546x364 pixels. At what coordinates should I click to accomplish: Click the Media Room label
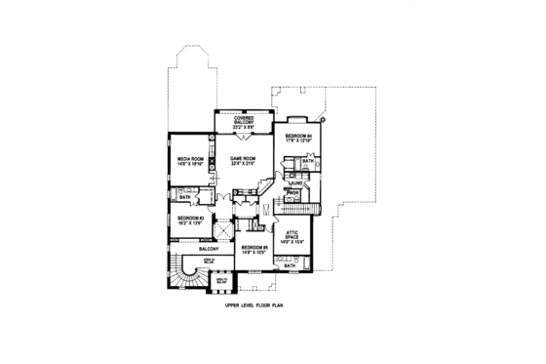point(189,158)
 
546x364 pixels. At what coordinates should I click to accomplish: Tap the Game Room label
point(242,158)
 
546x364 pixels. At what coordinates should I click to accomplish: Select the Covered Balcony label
point(243,119)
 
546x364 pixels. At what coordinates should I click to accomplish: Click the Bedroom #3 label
point(189,218)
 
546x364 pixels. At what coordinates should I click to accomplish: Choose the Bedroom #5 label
point(253,247)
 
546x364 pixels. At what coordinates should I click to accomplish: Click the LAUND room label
point(294,182)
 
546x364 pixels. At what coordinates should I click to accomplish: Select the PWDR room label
point(292,193)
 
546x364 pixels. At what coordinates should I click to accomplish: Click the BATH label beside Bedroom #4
point(306,161)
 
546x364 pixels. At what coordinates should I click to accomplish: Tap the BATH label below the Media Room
point(184,197)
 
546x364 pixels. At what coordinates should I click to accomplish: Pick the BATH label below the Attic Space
point(289,265)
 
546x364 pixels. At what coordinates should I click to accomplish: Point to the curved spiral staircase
point(181,276)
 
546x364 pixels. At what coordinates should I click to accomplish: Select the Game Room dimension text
point(242,164)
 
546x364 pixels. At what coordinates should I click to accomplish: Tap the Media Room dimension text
point(189,164)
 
